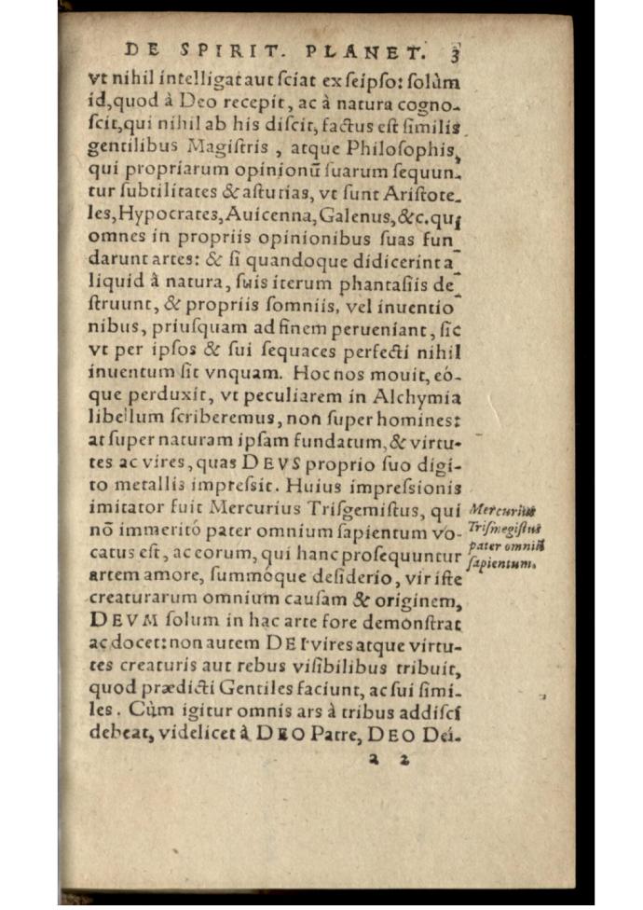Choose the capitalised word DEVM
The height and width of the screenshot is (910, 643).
120,620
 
